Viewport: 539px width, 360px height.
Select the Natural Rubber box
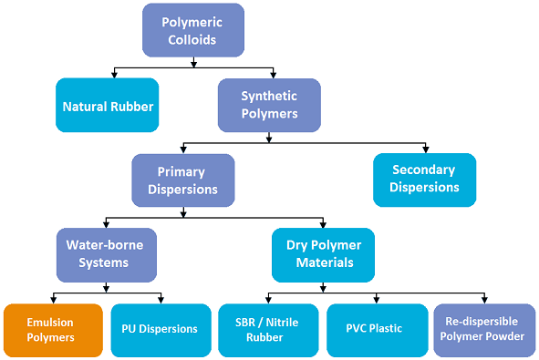coord(108,106)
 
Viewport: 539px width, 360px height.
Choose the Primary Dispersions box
coord(182,180)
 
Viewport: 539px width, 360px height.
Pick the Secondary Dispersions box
coord(424,179)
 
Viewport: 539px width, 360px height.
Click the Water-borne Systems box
coord(104,253)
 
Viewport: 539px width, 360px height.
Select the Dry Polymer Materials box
coord(323,253)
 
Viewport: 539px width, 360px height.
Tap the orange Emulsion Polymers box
coord(50,329)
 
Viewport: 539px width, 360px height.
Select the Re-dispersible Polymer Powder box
coord(484,329)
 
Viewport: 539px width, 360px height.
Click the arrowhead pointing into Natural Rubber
coord(112,75)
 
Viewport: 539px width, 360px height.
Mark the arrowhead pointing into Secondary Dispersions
coord(425,149)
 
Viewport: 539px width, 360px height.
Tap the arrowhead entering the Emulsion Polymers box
coord(55,300)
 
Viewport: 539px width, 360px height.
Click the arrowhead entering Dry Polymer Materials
coord(323,224)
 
